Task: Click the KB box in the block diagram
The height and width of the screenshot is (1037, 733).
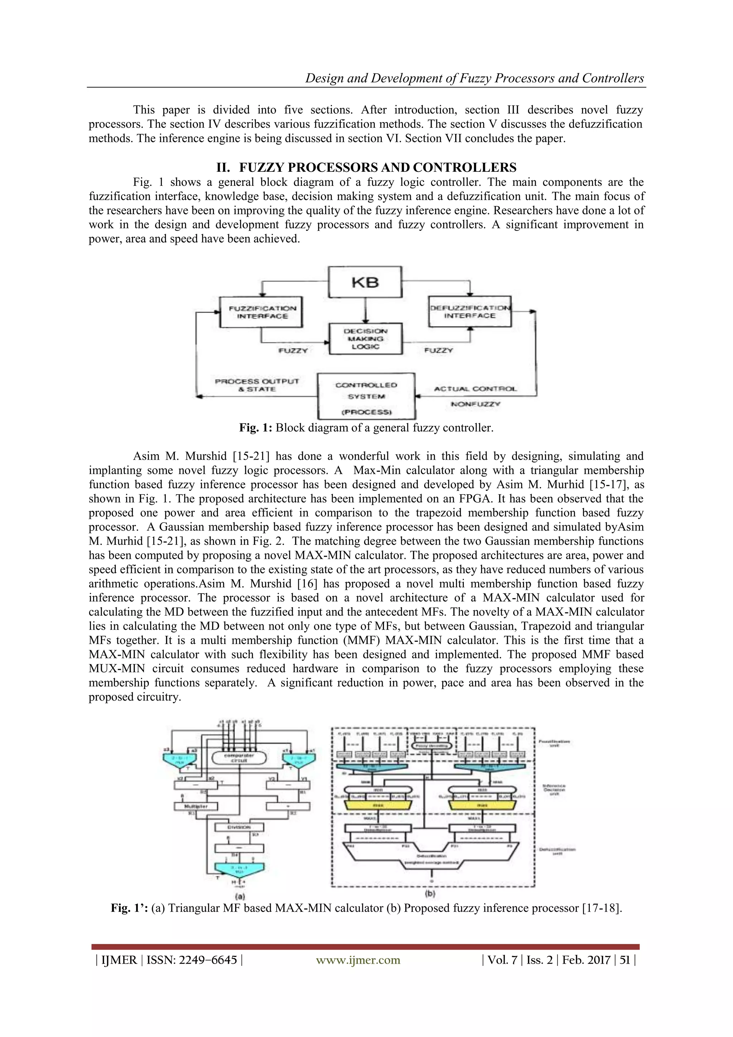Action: tap(365, 282)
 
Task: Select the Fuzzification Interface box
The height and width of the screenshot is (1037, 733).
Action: tap(261, 312)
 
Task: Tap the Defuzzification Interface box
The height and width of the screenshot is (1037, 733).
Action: tap(470, 312)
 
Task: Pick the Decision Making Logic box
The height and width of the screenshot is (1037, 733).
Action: tap(365, 339)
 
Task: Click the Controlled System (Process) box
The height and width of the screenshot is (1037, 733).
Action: tap(366, 396)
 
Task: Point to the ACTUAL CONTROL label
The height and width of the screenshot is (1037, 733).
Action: tap(475, 388)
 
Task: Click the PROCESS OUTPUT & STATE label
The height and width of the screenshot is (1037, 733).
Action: tap(257, 385)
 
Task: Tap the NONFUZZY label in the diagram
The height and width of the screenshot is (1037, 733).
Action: tap(475, 404)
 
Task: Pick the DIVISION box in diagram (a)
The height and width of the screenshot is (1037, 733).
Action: tap(239, 828)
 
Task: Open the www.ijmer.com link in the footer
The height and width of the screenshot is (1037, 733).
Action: tap(358, 960)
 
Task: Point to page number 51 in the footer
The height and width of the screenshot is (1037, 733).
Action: tap(625, 960)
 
